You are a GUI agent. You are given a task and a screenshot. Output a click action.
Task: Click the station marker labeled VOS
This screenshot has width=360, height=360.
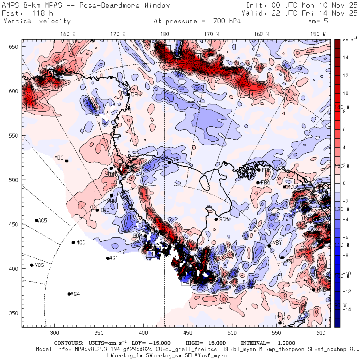32,265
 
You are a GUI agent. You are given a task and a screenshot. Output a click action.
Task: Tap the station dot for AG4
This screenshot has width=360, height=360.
69,294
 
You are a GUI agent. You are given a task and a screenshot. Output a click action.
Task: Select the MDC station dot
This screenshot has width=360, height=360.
66,161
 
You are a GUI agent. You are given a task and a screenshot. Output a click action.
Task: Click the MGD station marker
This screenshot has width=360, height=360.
73,242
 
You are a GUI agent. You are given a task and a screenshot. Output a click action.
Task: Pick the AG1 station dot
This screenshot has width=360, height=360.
108,258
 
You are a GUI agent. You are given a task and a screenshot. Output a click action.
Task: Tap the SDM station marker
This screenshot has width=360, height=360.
216,219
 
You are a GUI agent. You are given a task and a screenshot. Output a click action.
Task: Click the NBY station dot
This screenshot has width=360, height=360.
269,246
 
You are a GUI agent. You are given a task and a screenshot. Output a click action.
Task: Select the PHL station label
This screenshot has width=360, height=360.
279,317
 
